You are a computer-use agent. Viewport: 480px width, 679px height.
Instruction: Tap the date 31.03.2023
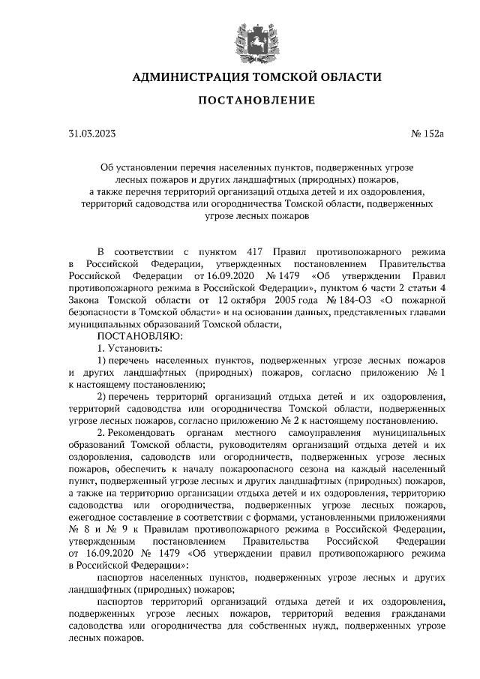click(x=92, y=134)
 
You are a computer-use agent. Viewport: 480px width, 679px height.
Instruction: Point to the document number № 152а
click(x=428, y=134)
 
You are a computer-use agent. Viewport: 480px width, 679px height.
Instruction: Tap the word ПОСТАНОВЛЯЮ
click(x=139, y=336)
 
